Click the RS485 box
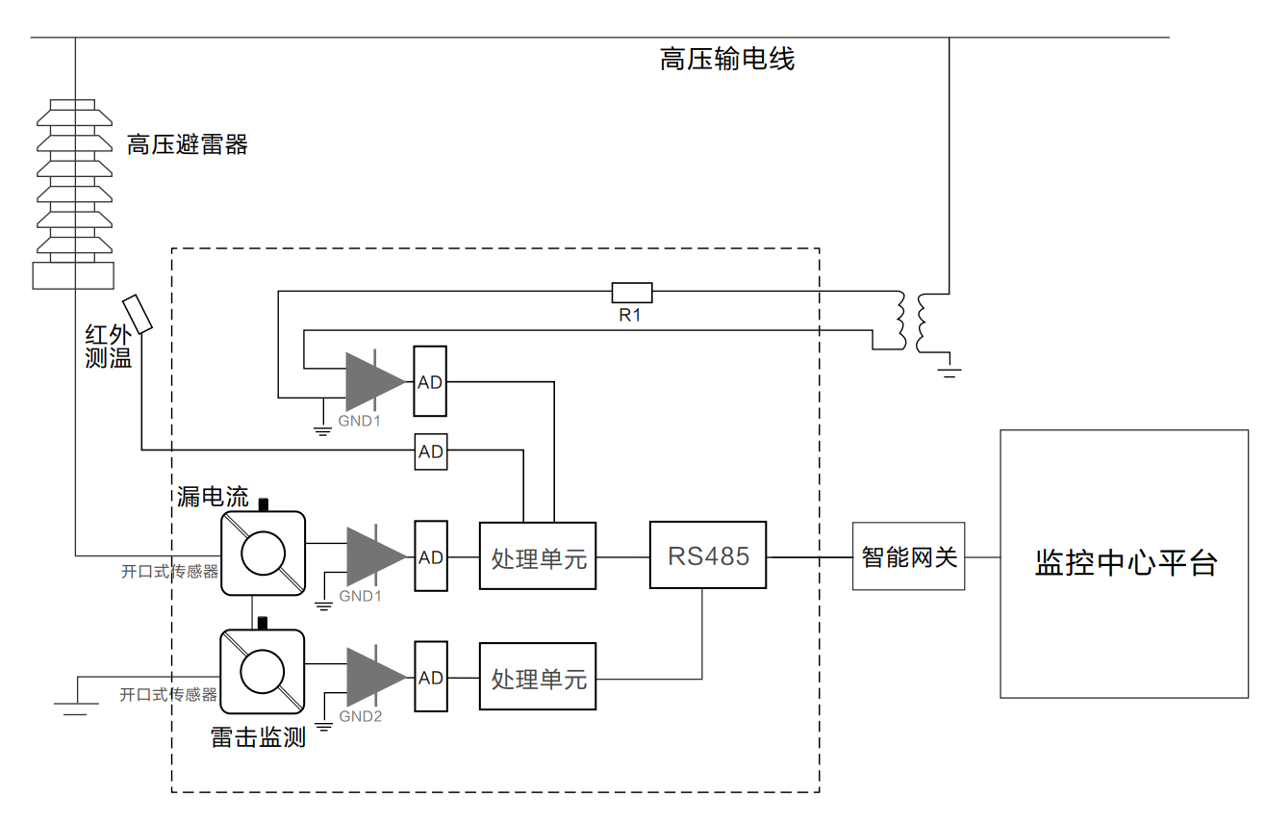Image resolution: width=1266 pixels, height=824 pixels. click(707, 555)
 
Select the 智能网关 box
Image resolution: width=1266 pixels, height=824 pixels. click(908, 556)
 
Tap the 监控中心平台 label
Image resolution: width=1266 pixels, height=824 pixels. click(1126, 562)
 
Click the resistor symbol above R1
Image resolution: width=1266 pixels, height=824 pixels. click(632, 292)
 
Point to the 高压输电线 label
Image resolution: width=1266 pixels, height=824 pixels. click(727, 60)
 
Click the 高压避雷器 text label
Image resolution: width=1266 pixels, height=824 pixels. click(188, 145)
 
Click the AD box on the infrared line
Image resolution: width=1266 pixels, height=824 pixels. click(430, 451)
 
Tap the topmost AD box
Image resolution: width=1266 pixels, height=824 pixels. click(430, 381)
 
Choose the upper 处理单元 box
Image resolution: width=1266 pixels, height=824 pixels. click(538, 556)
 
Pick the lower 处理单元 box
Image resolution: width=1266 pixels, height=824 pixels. click(538, 678)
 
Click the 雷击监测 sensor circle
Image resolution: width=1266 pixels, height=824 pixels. click(263, 672)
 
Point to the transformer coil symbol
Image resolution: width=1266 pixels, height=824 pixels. click(912, 322)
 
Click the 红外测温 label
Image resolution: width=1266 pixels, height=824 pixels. click(108, 348)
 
